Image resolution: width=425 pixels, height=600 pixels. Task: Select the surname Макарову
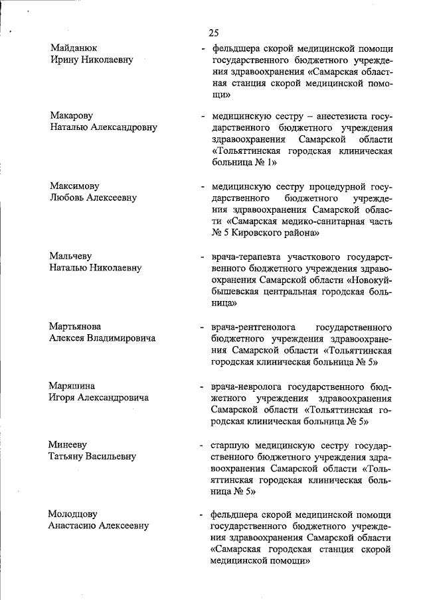pos(72,116)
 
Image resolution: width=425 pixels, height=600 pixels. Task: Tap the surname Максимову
pos(74,186)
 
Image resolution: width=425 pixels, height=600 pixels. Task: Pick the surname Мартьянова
pos(75,327)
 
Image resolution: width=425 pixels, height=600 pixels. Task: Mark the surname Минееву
pos(68,444)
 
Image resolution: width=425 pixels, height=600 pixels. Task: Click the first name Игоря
pos(62,397)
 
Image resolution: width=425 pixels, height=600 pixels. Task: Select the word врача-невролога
pos(247,386)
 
